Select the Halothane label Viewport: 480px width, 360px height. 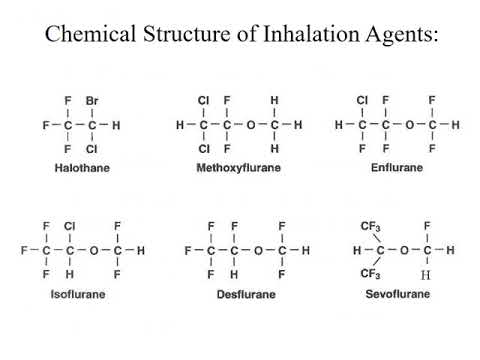pyautogui.click(x=83, y=168)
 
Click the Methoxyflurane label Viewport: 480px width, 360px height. pyautogui.click(x=238, y=168)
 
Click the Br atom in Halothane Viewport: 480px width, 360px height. pyautogui.click(x=92, y=101)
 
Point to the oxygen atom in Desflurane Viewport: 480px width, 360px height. pyautogui.click(x=257, y=249)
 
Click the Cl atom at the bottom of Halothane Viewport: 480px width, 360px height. pyautogui.click(x=92, y=149)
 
